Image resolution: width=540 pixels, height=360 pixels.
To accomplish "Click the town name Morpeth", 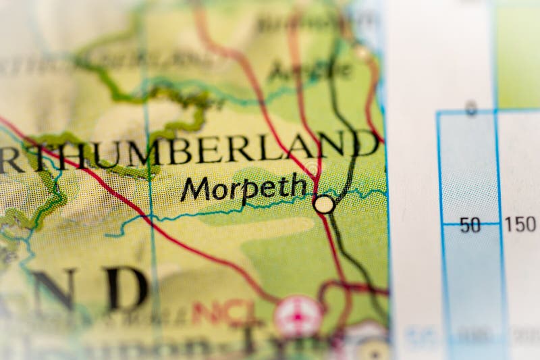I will pos(243,188).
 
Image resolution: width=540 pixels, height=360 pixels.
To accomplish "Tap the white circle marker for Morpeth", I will pos(324,204).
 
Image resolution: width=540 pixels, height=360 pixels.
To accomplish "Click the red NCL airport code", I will pos(223,313).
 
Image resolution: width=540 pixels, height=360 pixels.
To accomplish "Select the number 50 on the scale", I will pos(470,225).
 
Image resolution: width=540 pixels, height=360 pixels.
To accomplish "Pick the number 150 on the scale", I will pos(520,224).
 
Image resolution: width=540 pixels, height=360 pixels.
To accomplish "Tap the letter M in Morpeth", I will pos(195,190).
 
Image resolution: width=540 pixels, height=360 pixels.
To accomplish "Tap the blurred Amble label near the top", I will pos(310,69).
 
